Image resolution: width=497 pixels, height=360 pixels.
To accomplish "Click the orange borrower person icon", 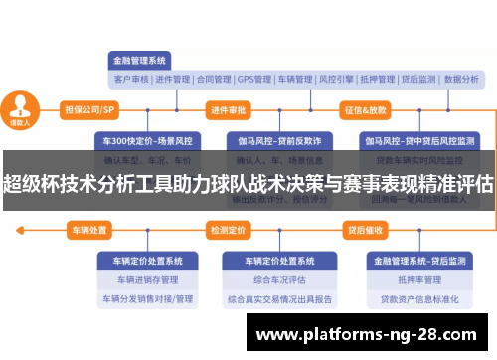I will (x=20, y=107).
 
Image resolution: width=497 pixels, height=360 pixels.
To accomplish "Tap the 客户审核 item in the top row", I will (x=130, y=79).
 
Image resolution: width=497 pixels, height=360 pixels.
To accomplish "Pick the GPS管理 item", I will (x=254, y=79).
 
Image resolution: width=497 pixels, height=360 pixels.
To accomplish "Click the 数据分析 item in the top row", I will (x=461, y=79).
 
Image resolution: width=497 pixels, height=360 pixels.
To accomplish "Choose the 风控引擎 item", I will (x=337, y=79).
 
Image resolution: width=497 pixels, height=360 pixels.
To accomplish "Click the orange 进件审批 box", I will (x=228, y=109).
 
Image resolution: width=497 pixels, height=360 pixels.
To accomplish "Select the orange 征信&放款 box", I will (x=365, y=109).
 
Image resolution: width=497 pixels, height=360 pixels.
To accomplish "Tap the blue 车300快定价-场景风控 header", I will (x=140, y=140).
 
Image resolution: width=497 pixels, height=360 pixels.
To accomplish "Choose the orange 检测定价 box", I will (x=228, y=230).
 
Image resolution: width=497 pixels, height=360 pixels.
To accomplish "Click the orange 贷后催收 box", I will (x=365, y=230).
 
